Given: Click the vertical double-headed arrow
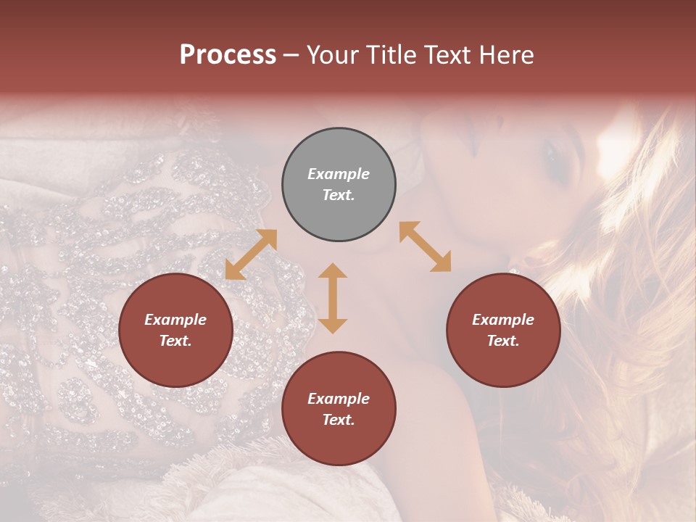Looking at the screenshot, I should pos(333,298).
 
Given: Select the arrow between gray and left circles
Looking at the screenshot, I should pos(251,254).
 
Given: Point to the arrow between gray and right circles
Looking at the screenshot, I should pos(425,246).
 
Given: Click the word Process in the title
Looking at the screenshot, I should pos(228,54).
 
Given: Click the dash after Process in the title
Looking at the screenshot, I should pos(291,55).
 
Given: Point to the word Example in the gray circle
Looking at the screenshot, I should pos(339,174).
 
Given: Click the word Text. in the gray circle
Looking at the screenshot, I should pos(339,195).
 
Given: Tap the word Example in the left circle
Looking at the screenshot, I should pos(175,320).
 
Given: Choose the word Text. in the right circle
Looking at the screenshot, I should pos(503,341).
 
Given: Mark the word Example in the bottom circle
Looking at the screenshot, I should pos(339,399).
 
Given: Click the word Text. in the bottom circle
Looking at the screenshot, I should pos(339,420).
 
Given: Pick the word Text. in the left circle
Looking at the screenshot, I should pos(175,341).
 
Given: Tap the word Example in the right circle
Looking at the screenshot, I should pos(503,320).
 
